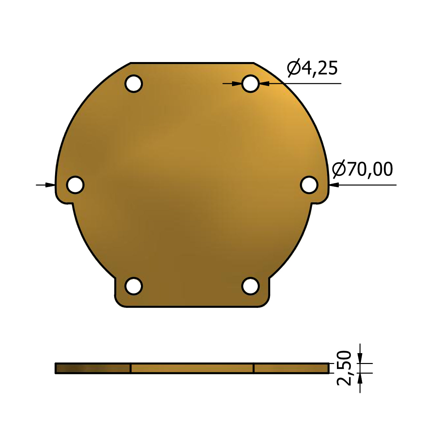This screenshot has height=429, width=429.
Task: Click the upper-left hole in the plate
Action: coord(134,84)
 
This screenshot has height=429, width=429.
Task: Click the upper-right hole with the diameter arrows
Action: coord(250,84)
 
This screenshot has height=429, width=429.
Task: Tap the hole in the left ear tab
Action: coord(75,185)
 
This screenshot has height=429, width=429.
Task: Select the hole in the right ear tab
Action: coord(309,185)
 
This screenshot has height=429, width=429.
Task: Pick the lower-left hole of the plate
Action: coord(134,286)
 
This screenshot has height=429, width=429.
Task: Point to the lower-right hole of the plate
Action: coord(250,286)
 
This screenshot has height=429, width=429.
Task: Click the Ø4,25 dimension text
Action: coord(312,68)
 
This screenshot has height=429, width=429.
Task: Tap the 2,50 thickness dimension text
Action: coord(344,371)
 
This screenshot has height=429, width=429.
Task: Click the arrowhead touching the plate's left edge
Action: coord(50,185)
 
